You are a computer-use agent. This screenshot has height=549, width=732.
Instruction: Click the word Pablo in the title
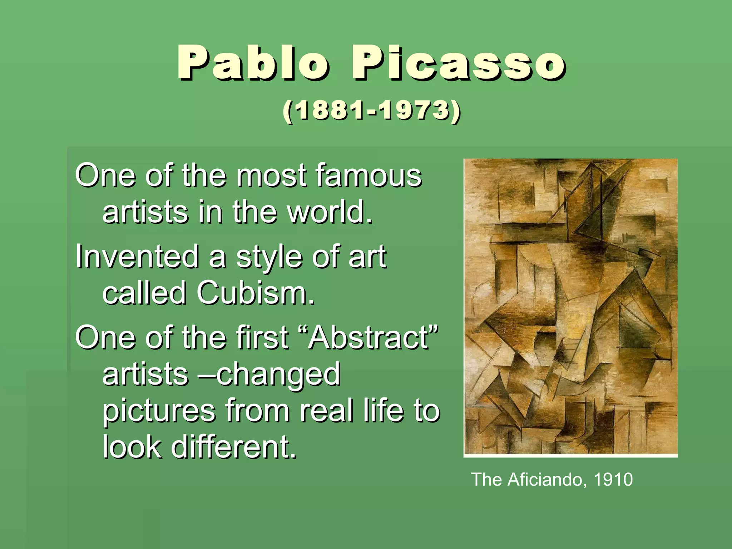click(x=252, y=63)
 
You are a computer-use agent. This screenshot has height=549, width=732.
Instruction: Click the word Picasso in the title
click(x=458, y=63)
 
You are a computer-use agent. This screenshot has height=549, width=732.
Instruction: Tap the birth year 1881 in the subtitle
click(x=330, y=111)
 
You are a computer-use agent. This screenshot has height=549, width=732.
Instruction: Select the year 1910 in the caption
click(x=613, y=479)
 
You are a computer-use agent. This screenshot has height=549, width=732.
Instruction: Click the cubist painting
click(x=570, y=307)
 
